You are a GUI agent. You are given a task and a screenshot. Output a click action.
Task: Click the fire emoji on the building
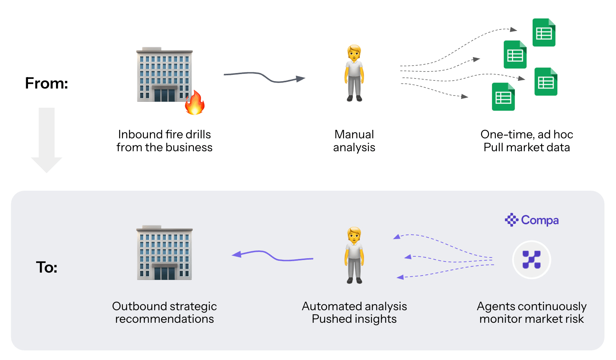click(x=195, y=102)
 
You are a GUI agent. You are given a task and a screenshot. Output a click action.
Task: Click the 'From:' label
click(x=46, y=83)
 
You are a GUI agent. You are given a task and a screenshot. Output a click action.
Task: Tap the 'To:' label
click(x=47, y=267)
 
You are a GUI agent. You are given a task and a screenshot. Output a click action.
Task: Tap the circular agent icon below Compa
click(x=532, y=260)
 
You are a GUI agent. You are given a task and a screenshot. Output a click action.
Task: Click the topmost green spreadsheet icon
click(x=544, y=32)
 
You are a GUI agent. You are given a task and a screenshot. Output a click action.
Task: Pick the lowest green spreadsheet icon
click(x=503, y=97)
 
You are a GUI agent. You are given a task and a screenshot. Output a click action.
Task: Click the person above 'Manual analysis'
click(x=354, y=73)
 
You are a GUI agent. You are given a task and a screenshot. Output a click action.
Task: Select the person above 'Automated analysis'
click(x=354, y=255)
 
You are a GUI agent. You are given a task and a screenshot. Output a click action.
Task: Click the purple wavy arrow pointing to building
click(x=272, y=256)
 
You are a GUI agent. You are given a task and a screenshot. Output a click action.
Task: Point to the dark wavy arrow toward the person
click(x=264, y=77)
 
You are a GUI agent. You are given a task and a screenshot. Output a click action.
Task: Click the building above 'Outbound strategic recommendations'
click(x=165, y=253)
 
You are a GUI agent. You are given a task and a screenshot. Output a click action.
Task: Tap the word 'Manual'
click(x=354, y=135)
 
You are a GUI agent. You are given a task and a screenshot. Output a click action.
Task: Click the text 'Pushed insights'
click(x=354, y=319)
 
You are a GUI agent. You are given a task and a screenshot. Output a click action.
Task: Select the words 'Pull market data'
click(x=527, y=148)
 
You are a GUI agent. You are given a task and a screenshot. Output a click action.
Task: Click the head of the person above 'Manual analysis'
click(x=354, y=52)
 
